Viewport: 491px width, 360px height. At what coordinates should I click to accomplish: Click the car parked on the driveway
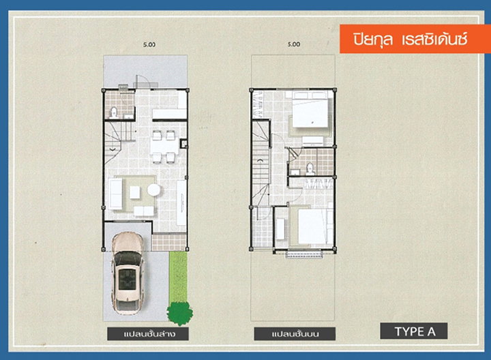click(128, 273)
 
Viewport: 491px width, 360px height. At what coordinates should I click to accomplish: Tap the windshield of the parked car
click(128, 258)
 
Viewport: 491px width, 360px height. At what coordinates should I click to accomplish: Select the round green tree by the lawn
click(180, 313)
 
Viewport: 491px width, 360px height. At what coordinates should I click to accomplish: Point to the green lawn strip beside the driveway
click(178, 277)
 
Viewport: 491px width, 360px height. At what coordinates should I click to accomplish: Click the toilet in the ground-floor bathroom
click(114, 112)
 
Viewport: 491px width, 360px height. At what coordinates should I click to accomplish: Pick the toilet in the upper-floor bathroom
click(310, 169)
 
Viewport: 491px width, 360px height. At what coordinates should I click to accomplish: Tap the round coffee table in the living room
click(153, 190)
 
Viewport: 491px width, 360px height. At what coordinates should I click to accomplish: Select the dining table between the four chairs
click(164, 145)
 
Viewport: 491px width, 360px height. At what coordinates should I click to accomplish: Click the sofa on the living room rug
click(115, 194)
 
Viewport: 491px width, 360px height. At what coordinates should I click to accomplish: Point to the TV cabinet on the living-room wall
click(181, 202)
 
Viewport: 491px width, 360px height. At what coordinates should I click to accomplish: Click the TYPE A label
click(414, 331)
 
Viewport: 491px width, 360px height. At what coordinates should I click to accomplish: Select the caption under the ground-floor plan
click(148, 333)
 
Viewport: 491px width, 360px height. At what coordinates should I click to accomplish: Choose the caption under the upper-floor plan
click(295, 333)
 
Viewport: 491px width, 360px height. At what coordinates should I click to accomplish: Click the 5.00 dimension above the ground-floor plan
click(149, 45)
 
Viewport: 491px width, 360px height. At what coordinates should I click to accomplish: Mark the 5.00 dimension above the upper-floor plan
click(294, 44)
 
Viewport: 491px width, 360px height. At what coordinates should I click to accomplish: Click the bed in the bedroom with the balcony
click(311, 226)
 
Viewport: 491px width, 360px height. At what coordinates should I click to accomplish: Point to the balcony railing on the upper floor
click(304, 254)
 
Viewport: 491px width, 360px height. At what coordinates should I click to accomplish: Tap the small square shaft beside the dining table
click(183, 144)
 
